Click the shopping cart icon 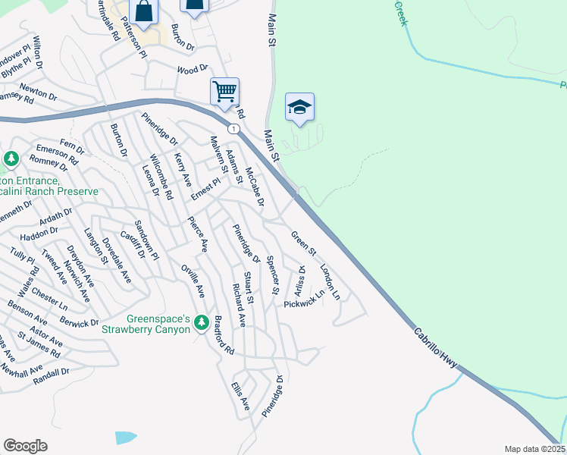coord(224,92)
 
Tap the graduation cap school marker coord(299,107)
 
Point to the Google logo coord(25,446)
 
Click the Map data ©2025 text coord(534,449)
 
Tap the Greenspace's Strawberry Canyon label coord(146,325)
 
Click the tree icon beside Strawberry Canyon coord(201,323)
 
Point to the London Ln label coord(330,280)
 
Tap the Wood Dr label coord(192,69)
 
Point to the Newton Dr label coord(38,92)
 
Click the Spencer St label coord(273,275)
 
